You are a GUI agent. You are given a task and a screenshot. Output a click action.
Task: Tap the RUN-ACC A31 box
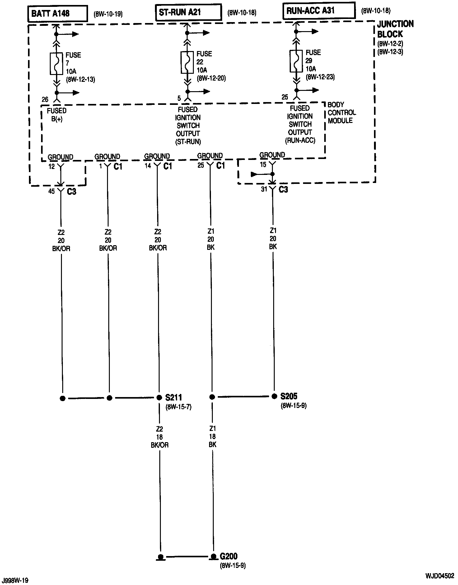(319, 11)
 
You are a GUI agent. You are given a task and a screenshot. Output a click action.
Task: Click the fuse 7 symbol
(56, 63)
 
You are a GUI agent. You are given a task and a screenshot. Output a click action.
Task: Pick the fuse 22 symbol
(187, 62)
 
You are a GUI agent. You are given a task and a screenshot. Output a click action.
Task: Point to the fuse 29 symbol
(296, 61)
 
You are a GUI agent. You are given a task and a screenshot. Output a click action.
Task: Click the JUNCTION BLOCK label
(395, 29)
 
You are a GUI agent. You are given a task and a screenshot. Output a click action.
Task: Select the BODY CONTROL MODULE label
(342, 113)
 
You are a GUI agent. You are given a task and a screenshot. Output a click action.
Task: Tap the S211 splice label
(174, 397)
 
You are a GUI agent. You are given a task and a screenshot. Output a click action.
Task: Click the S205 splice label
(289, 396)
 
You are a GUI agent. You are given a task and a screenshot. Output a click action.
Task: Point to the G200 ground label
(229, 556)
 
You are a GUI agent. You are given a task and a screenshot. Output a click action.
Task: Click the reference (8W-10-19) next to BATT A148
(108, 14)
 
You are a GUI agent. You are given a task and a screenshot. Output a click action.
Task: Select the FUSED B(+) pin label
(57, 115)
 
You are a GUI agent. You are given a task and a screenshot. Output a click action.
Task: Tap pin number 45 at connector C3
(51, 191)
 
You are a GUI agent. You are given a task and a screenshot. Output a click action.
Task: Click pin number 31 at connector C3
(264, 189)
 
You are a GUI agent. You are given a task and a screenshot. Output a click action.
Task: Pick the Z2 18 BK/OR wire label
(160, 437)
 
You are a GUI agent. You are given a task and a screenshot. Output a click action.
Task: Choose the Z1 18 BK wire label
(213, 436)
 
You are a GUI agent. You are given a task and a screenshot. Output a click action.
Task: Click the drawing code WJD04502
(440, 576)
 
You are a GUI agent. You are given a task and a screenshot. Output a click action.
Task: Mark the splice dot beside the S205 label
(274, 396)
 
